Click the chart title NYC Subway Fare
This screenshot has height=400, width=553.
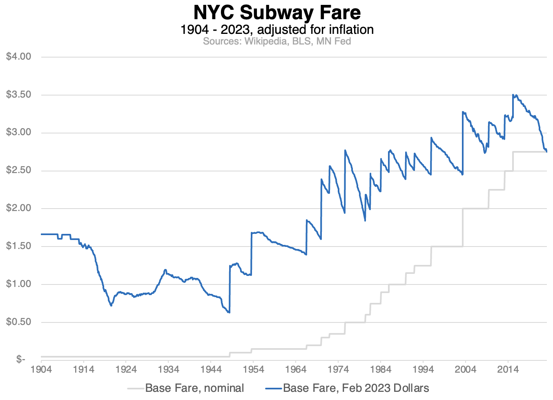(276, 12)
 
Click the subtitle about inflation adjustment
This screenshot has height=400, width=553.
(276, 29)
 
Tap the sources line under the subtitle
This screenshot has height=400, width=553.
(276, 41)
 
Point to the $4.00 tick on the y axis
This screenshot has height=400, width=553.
(19, 56)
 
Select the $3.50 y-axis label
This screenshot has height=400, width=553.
(19, 95)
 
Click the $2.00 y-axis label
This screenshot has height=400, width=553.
(19, 208)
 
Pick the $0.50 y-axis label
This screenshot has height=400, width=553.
(19, 322)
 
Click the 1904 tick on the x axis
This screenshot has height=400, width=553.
(41, 369)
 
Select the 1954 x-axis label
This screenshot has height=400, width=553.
(253, 369)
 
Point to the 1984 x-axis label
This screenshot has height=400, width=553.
(381, 369)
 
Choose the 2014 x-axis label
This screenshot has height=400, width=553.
(508, 369)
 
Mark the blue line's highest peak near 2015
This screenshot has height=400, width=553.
(513, 95)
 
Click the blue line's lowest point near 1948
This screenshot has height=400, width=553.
(230, 313)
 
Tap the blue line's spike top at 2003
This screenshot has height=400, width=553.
(463, 112)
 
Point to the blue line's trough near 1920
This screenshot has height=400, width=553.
(111, 306)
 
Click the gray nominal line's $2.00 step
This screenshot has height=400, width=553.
(475, 209)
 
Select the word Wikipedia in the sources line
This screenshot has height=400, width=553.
(265, 41)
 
